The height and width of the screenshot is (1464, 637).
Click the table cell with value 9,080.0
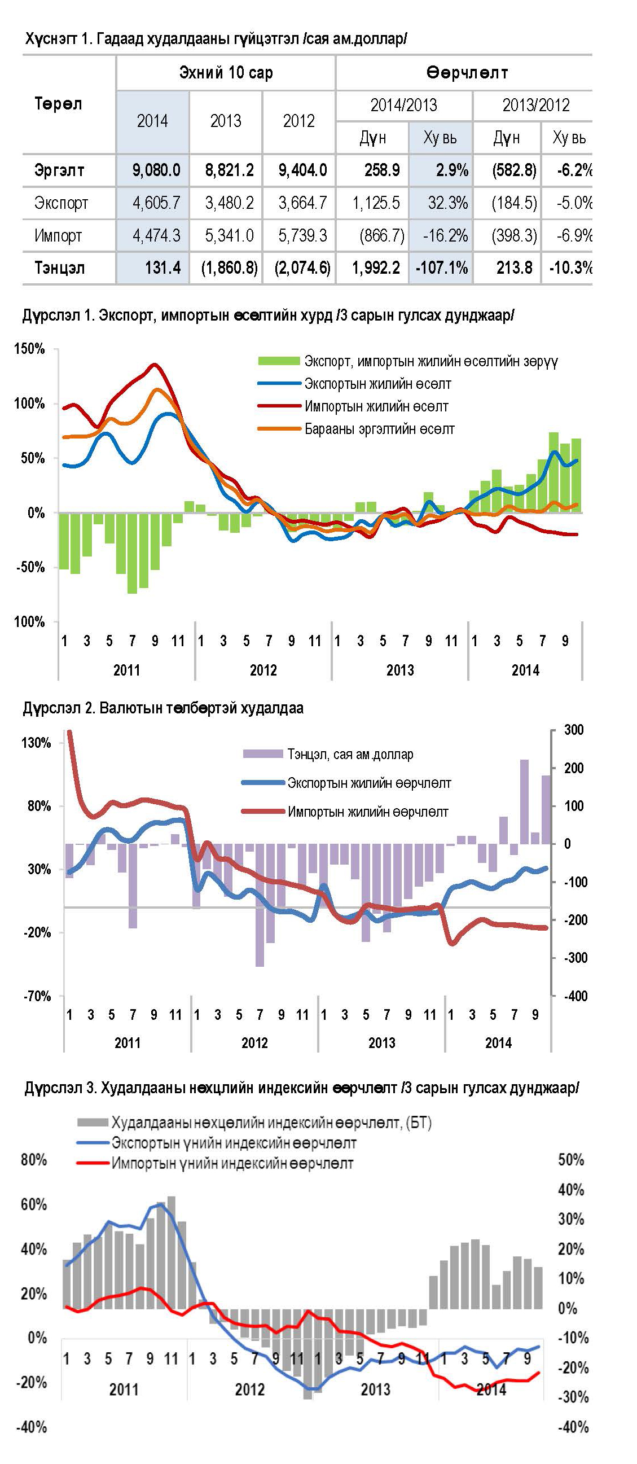[x=156, y=170]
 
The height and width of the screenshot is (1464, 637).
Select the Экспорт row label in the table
[x=61, y=203]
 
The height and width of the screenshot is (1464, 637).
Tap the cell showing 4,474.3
[x=156, y=235]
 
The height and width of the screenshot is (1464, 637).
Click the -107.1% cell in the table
[x=442, y=268]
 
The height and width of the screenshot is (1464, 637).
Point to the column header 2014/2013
[x=403, y=105]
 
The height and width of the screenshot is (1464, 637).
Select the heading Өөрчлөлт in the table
[x=467, y=73]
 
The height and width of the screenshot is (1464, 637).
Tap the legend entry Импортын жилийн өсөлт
[x=376, y=406]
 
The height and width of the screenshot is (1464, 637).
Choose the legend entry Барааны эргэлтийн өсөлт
[x=379, y=429]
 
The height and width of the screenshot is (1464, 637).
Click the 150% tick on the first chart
[x=29, y=349]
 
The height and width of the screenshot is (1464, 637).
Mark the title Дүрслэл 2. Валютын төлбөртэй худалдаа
[x=163, y=708]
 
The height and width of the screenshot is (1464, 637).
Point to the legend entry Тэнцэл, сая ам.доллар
[x=350, y=754]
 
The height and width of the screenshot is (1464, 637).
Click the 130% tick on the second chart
[x=36, y=742]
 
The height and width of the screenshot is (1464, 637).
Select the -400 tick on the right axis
[x=575, y=995]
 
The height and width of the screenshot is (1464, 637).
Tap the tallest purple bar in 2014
[x=524, y=801]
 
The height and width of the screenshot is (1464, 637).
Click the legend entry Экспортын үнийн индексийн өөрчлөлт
[x=234, y=1143]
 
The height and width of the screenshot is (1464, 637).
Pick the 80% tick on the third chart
[x=33, y=1159]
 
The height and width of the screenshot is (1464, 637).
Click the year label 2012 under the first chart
[x=263, y=670]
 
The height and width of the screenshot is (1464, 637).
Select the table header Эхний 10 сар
[x=226, y=73]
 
